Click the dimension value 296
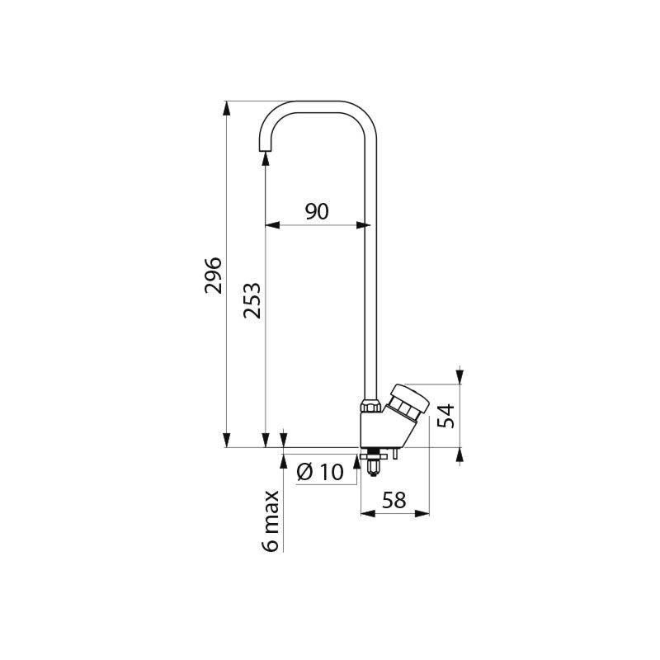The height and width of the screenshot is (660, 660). coord(212,274)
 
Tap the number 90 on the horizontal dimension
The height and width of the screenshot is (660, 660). coord(317,212)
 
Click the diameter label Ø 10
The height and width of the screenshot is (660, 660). coord(318,472)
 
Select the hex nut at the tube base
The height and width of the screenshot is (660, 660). coord(370,405)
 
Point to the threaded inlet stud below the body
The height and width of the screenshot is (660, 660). coord(372,466)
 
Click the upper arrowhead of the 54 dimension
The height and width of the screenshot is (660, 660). coord(460,378)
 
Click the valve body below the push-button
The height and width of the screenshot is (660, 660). coord(376,430)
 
